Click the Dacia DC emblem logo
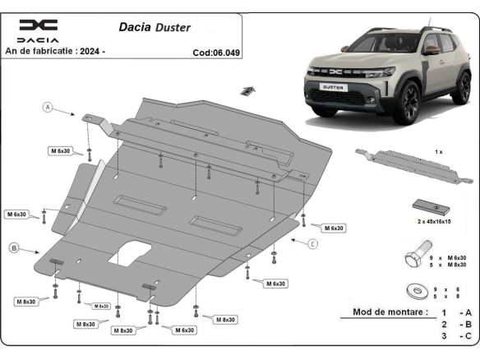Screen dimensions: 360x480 [38, 25]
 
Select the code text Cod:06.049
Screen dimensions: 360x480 [216, 51]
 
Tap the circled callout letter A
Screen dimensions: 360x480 [48, 108]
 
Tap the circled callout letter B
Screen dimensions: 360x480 [14, 247]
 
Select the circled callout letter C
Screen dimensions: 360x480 [313, 244]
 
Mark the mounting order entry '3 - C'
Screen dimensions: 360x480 [455, 336]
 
